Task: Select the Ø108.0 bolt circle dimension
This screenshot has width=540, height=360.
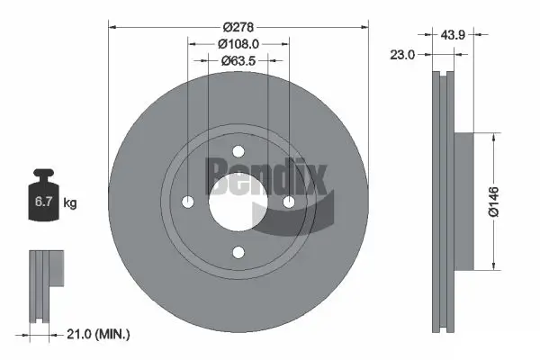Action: point(238,42)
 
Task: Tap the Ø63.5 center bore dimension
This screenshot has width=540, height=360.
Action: point(238,61)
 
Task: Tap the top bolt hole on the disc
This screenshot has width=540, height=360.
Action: point(238,150)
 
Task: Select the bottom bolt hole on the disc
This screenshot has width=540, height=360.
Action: point(238,253)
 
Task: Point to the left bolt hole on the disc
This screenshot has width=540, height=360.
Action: point(187,202)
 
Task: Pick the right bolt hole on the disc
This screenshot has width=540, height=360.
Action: point(290,202)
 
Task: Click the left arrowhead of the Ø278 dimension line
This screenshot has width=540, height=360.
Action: point(112,26)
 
